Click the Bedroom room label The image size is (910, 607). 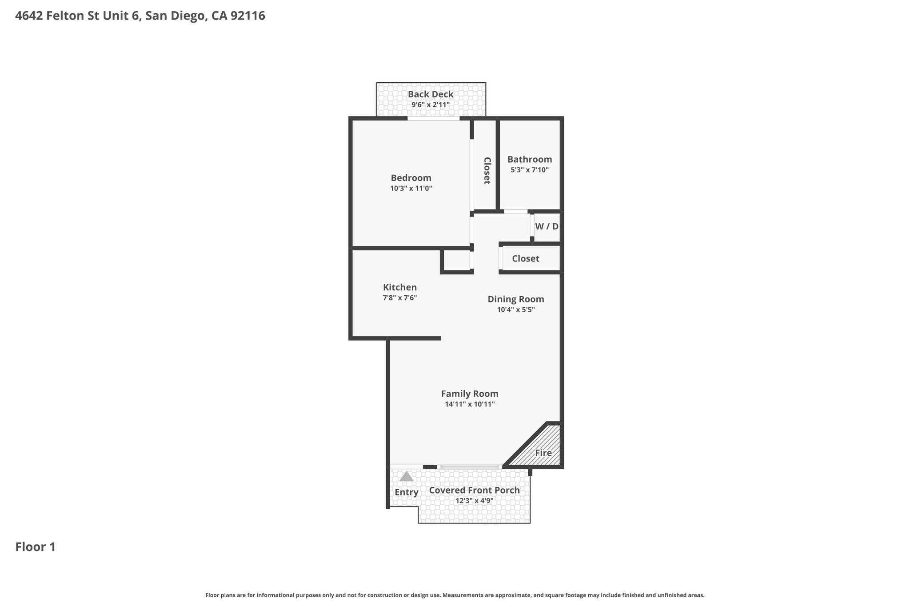pos(411,178)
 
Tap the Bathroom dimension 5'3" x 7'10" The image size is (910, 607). pos(530,170)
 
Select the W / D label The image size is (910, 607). pos(547,226)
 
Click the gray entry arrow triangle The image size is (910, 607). pos(407,476)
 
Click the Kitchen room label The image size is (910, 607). pos(400,287)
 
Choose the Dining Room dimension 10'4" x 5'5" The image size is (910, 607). pos(516,310)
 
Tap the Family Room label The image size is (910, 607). pos(470,394)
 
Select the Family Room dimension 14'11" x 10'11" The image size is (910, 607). pos(470,404)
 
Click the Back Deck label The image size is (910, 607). pos(431,94)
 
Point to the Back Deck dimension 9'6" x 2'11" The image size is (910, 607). pos(431,105)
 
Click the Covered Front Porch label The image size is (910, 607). pos(475,490)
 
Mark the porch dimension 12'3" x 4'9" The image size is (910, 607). pos(475,501)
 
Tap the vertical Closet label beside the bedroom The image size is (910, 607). pos(487,170)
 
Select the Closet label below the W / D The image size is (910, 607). pos(526,258)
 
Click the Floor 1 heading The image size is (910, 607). pos(36,547)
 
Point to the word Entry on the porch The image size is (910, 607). pos(407,492)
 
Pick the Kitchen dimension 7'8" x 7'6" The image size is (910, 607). pos(400,298)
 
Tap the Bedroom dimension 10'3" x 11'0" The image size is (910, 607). pos(411,189)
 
